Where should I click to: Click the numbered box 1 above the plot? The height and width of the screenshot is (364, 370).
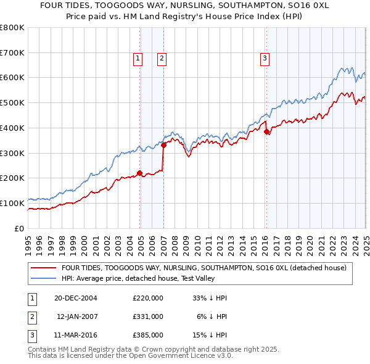click(x=137, y=59)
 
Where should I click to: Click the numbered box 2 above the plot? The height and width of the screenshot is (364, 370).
click(x=161, y=59)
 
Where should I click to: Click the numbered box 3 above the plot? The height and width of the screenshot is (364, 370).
click(x=264, y=59)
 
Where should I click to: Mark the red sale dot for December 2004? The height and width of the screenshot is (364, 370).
click(x=140, y=173)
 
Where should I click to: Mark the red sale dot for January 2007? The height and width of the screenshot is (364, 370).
click(x=163, y=146)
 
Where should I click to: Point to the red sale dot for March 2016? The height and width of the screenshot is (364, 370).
click(x=266, y=131)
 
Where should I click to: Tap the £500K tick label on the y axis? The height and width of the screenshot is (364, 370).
click(x=12, y=103)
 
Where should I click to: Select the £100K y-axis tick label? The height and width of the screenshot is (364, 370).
click(x=12, y=203)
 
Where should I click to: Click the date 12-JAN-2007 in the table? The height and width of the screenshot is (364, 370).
click(x=76, y=316)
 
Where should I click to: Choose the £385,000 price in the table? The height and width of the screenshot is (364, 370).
click(x=148, y=335)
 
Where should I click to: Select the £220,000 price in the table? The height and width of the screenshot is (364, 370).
click(x=148, y=298)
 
